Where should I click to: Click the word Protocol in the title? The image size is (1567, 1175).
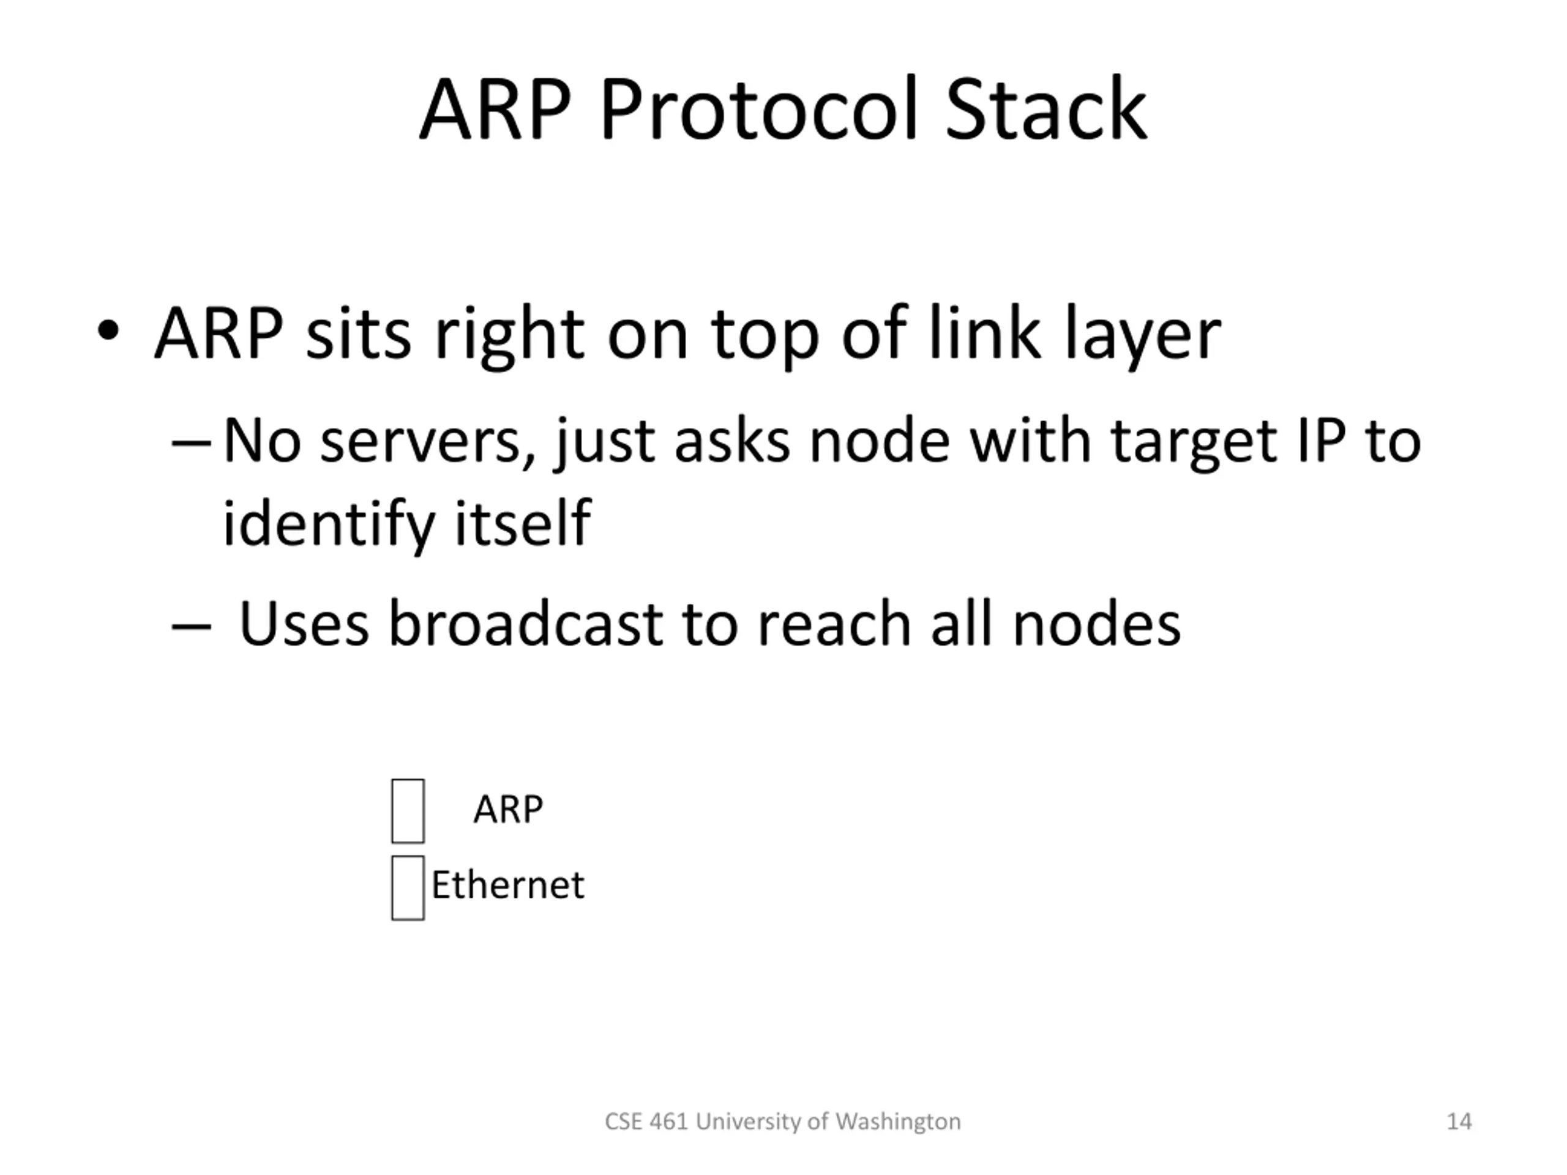click(x=758, y=110)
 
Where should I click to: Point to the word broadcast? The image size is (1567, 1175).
click(x=526, y=624)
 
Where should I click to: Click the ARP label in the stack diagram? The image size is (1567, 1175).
click(x=508, y=809)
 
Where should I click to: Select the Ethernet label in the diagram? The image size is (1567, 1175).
click(x=508, y=886)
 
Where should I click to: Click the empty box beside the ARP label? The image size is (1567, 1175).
click(x=408, y=811)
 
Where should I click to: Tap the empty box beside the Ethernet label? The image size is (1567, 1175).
click(x=408, y=888)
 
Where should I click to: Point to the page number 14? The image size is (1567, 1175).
click(x=1459, y=1121)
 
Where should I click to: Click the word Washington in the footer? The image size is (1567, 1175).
click(x=897, y=1121)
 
